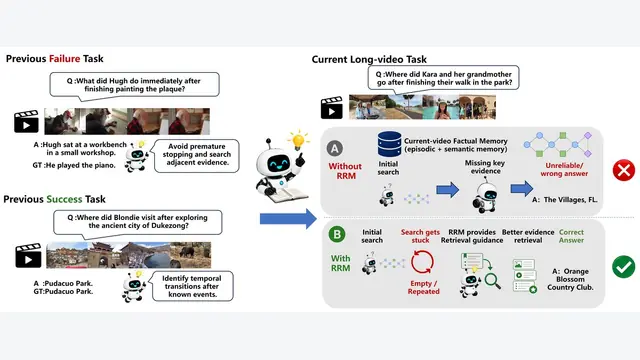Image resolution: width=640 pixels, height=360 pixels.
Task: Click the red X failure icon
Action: point(624,170)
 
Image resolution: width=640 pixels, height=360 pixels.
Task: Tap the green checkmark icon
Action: point(623,267)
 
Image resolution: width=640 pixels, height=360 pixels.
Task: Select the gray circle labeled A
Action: point(335,149)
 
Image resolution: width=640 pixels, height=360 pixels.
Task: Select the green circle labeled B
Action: point(337,234)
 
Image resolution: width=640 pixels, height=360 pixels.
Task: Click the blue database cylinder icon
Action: point(389,144)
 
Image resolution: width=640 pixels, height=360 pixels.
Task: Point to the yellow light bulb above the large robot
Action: point(299,140)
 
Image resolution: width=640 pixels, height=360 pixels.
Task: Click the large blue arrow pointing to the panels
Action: point(288,219)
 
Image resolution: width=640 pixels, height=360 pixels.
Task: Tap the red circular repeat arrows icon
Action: point(422,262)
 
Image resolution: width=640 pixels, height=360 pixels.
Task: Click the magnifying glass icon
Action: point(492,281)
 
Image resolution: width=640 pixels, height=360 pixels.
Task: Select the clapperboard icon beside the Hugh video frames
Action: point(27,121)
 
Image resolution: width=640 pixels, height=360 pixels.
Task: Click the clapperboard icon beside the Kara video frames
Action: point(331,108)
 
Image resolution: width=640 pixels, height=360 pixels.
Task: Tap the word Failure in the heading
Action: point(64,59)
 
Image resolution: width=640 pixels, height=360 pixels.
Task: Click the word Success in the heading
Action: point(64,199)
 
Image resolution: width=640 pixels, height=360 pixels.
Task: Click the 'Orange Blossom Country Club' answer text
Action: point(570,279)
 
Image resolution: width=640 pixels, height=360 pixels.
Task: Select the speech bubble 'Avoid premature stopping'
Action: point(196,155)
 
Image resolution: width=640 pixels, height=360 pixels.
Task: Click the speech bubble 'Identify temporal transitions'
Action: point(191,286)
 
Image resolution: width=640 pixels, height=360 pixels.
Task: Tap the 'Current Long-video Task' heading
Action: point(369,60)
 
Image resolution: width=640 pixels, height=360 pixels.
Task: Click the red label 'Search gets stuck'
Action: point(420,236)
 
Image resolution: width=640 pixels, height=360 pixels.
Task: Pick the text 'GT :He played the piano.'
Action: point(74,165)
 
